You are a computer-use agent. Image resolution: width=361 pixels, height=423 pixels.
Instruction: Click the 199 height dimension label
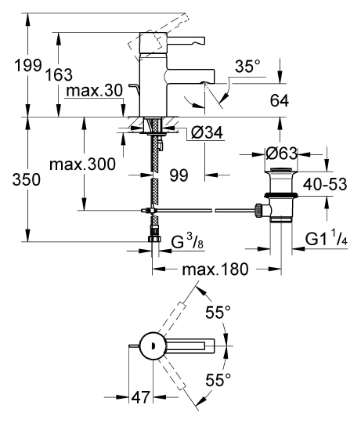point(28,65)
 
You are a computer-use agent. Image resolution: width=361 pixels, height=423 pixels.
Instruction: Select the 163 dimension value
point(59,74)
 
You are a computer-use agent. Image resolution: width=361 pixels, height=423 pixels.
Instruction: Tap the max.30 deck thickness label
point(95,91)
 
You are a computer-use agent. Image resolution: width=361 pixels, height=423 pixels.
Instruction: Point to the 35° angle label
point(247,67)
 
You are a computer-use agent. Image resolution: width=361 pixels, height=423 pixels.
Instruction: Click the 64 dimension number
point(280,100)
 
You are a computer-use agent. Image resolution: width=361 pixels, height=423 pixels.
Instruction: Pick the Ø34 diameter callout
point(207,132)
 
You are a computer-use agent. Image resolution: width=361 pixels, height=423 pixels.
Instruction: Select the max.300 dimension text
point(82,164)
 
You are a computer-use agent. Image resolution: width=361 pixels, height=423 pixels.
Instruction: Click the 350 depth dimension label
point(27,179)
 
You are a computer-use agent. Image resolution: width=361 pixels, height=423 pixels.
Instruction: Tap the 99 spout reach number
point(179,175)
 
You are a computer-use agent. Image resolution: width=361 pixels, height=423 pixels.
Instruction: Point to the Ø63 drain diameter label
point(281,154)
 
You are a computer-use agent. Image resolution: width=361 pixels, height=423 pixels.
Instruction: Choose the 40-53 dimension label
point(325,185)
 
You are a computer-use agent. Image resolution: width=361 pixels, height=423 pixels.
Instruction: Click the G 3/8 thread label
point(187,242)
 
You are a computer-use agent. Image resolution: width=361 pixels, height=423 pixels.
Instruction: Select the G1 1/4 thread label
point(327,238)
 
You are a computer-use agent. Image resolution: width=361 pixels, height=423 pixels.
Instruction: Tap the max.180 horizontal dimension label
point(215,269)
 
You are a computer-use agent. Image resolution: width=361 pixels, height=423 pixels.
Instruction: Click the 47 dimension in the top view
point(140,397)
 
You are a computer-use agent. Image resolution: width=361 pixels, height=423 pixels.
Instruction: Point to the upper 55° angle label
point(218,313)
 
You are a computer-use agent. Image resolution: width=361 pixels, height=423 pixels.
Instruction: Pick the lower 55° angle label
point(218,380)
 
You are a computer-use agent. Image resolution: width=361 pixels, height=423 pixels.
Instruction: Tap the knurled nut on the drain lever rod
point(258,211)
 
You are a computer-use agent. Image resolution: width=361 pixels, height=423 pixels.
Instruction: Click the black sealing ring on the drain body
point(281,195)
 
